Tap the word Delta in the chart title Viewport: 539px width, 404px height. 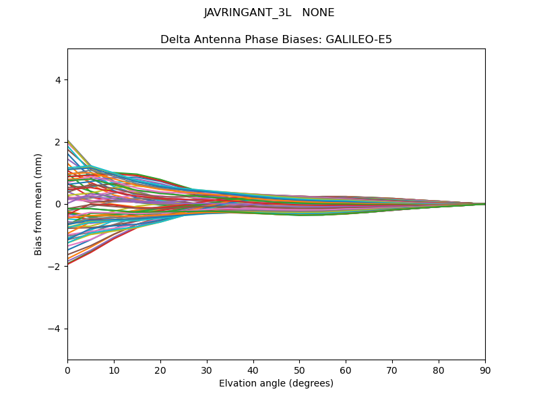[x=175, y=40]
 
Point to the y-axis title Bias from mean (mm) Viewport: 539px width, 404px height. [x=38, y=204]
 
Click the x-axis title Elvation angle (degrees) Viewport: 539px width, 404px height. [x=276, y=383]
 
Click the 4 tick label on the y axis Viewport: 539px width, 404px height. [x=58, y=79]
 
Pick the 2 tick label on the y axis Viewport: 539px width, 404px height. [x=58, y=142]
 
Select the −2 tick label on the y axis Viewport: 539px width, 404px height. [x=55, y=267]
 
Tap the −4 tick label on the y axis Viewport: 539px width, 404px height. [x=55, y=329]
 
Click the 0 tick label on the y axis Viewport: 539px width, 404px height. [x=58, y=204]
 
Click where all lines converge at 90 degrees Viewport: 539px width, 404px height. [x=484, y=204]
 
